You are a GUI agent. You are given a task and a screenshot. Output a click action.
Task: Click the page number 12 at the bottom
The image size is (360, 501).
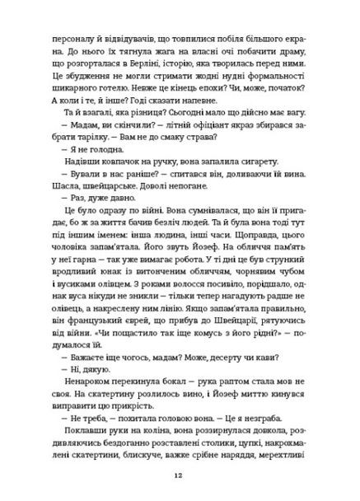[180, 475]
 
